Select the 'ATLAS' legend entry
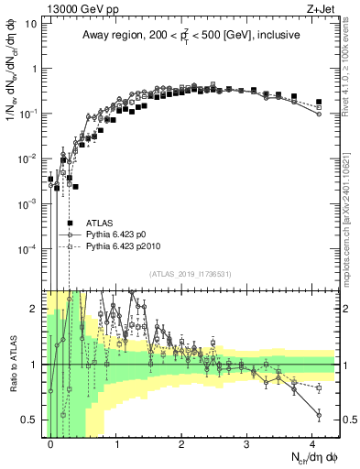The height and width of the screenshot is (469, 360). click(x=100, y=223)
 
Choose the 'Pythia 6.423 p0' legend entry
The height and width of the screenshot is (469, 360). click(x=119, y=234)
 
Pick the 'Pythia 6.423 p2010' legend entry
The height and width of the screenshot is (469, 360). click(x=125, y=247)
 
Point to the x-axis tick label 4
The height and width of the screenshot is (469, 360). click(x=312, y=442)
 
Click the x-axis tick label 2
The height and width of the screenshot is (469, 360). click(x=181, y=442)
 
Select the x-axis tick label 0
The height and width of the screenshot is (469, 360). click(x=51, y=442)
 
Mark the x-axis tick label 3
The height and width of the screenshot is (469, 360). click(x=247, y=442)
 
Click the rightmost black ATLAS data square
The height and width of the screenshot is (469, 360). click(x=319, y=102)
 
